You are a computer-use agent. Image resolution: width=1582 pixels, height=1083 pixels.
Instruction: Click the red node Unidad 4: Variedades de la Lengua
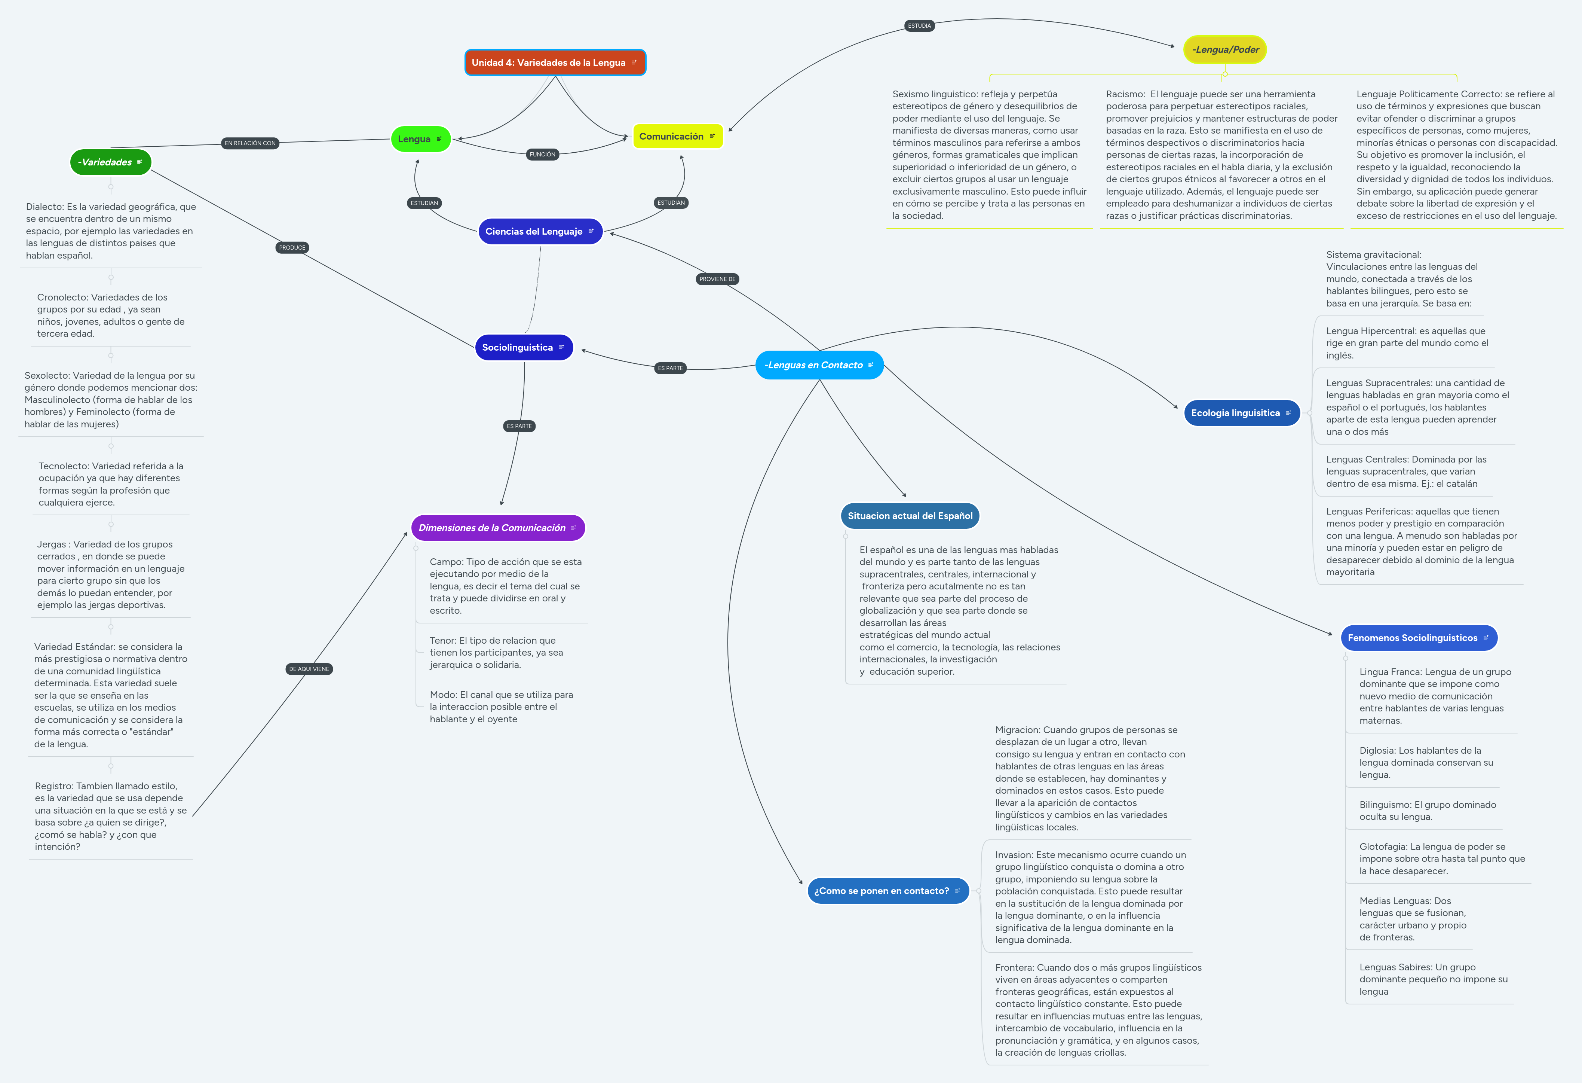click(x=555, y=62)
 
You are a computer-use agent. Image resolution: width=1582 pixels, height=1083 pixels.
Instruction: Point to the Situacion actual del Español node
click(x=910, y=516)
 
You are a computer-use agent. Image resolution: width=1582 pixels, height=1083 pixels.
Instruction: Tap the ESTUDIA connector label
click(x=919, y=26)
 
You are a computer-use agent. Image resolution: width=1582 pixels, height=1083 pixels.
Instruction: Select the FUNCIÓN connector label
click(x=543, y=155)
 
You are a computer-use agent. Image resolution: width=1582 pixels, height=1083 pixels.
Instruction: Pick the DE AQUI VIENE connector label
click(x=309, y=669)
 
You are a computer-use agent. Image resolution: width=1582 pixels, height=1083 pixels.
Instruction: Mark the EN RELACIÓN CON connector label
click(x=250, y=143)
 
